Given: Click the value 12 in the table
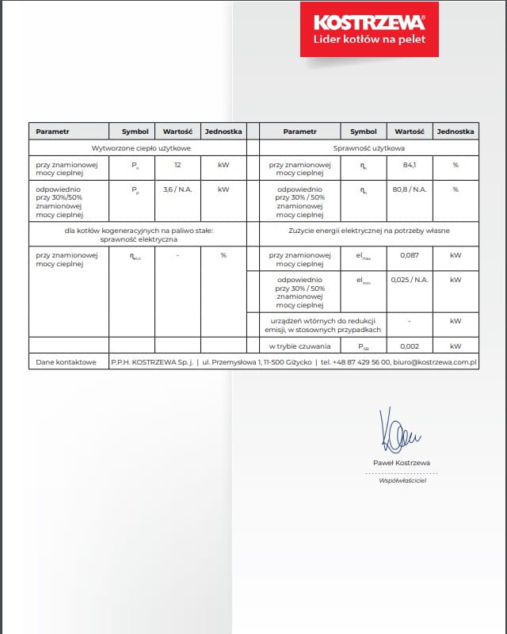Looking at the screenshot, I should (177, 165).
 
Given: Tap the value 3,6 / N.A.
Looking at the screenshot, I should (177, 189).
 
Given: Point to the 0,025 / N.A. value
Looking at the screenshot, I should (410, 280).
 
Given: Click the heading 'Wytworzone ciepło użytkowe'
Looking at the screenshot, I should (136, 148).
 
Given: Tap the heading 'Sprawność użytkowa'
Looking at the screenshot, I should (370, 148).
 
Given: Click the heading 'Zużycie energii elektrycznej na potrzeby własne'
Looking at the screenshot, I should (370, 231).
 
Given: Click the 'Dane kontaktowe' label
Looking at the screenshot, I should (67, 362).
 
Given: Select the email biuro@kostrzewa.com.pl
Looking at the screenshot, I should (435, 362).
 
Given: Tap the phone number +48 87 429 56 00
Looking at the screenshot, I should (360, 362).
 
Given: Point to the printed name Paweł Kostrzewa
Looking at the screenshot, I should (402, 462).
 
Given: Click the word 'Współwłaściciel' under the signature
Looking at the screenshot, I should (402, 480).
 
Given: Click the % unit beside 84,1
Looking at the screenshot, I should (456, 165).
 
